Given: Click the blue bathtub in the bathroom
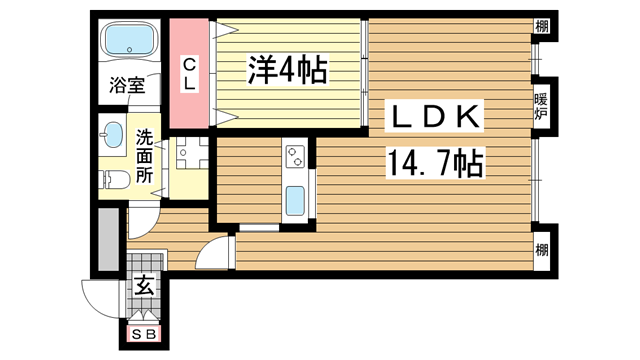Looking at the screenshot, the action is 130,40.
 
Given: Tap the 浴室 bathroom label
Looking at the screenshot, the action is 127,85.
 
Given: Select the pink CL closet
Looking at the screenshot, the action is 189,73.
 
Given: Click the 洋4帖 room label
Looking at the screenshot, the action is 287,70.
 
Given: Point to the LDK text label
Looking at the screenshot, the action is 434,116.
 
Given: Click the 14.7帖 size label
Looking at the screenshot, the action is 435,163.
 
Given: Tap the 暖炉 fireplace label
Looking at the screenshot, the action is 541,106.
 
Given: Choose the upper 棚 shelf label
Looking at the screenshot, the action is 542,27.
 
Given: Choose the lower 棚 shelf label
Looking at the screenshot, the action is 542,249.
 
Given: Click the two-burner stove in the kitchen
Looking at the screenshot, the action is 296,156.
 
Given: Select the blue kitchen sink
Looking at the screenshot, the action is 295,201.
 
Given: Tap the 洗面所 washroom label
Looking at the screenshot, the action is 144,156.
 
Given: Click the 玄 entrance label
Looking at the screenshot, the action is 144,285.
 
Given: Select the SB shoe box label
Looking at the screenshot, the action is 144,335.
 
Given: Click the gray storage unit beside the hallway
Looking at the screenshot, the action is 109,239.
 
